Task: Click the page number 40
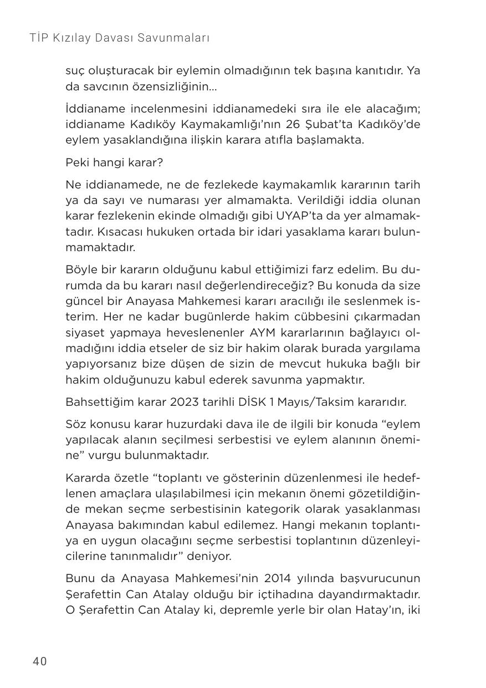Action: point(40,661)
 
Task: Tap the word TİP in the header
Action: point(39,38)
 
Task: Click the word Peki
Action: point(77,163)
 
